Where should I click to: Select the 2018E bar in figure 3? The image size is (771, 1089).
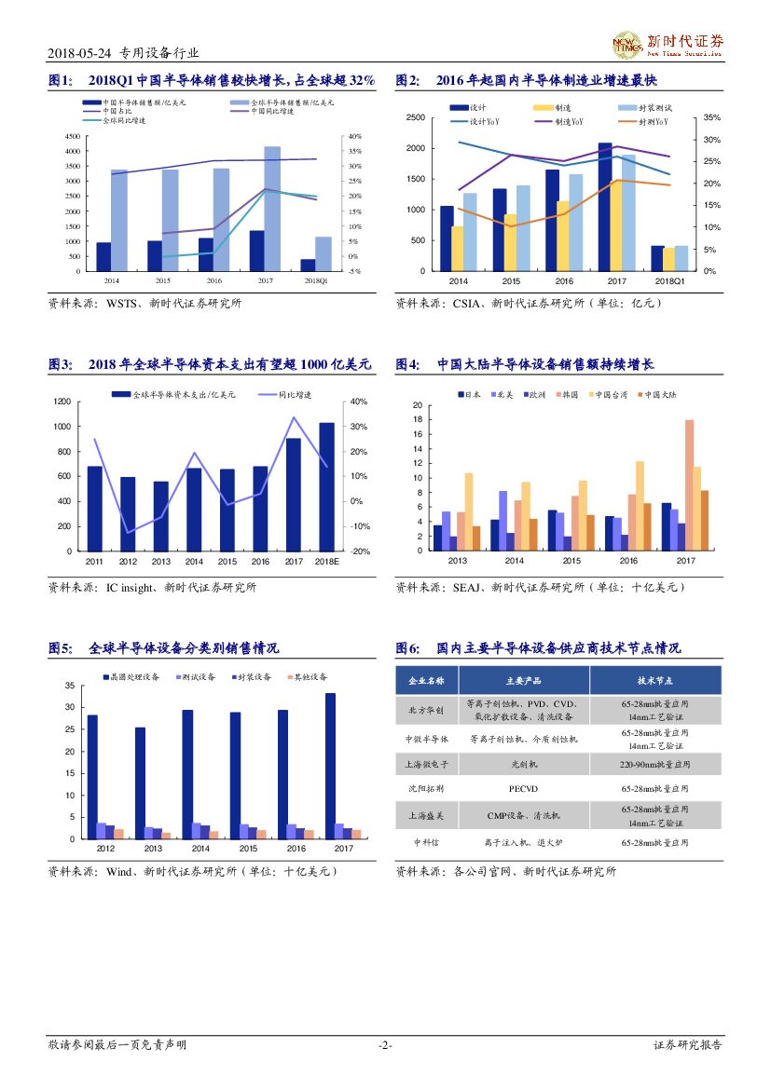pos(326,486)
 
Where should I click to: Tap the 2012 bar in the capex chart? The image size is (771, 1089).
pos(128,513)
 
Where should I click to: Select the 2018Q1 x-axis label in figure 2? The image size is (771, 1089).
pos(669,280)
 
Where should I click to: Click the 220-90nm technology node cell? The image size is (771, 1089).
pos(655,764)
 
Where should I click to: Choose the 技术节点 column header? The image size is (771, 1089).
pos(655,680)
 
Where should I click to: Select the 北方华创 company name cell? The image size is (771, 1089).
pos(426,710)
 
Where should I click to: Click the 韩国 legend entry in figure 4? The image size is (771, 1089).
pos(565,395)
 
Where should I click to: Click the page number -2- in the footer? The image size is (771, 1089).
pos(385,1045)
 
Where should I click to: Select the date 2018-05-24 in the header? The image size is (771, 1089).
pos(77,53)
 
